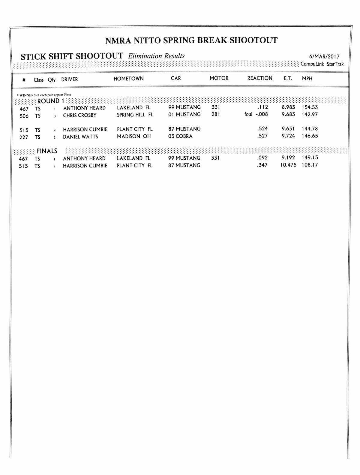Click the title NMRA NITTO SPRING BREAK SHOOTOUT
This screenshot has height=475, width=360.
click(x=191, y=40)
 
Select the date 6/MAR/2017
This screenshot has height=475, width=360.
click(x=324, y=56)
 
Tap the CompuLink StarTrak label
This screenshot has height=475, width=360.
click(x=322, y=64)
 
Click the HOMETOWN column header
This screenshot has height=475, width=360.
click(x=128, y=79)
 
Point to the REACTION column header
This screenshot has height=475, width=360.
click(x=260, y=78)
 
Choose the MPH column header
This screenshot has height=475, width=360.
click(x=307, y=79)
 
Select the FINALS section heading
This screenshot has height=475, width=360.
click(x=47, y=151)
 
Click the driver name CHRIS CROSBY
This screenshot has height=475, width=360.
click(x=80, y=115)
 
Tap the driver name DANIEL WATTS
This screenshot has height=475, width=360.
click(x=80, y=137)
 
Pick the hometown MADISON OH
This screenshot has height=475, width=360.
click(x=134, y=136)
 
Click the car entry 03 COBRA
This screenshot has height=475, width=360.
click(x=180, y=136)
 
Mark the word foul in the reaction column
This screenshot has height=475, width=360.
click(x=248, y=114)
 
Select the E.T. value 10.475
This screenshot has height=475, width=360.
click(x=288, y=165)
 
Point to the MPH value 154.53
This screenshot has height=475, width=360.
click(x=310, y=107)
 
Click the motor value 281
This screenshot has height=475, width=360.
click(x=215, y=114)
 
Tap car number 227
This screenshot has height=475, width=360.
click(x=24, y=137)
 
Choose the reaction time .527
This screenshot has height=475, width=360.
click(x=262, y=136)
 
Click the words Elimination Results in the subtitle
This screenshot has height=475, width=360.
click(x=156, y=56)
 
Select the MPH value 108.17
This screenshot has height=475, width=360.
click(x=310, y=165)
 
